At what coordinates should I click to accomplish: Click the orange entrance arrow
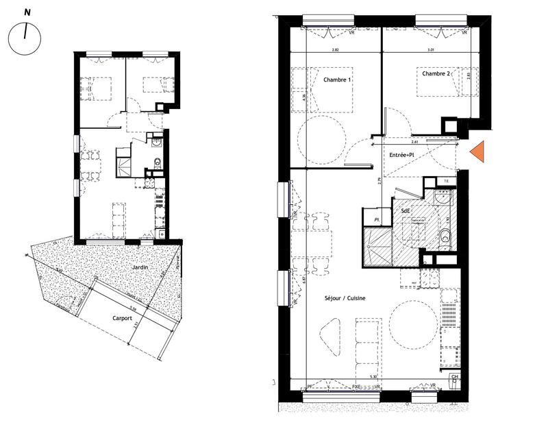(x=478, y=151)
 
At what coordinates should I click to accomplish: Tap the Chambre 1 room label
(x=337, y=80)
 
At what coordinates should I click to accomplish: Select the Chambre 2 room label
(x=436, y=73)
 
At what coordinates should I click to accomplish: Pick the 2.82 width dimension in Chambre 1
(x=336, y=50)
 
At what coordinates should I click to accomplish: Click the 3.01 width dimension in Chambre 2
(x=431, y=50)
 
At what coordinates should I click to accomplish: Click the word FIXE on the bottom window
(x=356, y=387)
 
